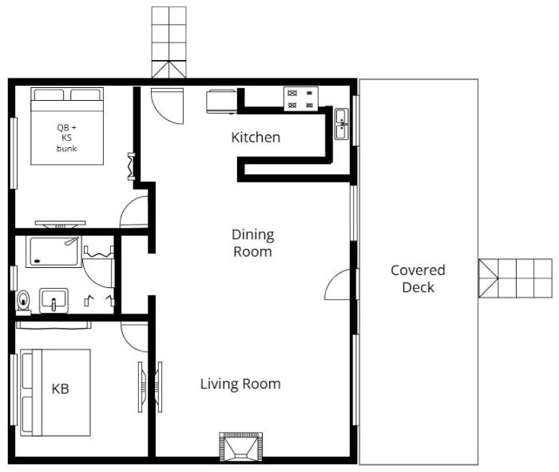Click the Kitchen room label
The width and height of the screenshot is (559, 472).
[256, 138]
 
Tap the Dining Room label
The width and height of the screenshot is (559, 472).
[252, 243]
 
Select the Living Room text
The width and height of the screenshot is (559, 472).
[240, 384]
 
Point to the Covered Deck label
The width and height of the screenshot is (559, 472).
[418, 278]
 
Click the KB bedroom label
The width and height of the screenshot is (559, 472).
[60, 390]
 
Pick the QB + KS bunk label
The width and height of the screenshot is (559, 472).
[67, 138]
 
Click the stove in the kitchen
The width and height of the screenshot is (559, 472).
[300, 98]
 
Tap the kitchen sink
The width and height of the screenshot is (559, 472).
[342, 124]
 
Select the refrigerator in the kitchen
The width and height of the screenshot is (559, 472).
[220, 102]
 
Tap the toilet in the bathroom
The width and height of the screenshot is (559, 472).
[24, 302]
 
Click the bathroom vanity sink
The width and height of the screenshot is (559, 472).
[54, 301]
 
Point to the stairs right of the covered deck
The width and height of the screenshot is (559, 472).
[515, 278]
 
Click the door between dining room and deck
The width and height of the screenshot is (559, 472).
[339, 285]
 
